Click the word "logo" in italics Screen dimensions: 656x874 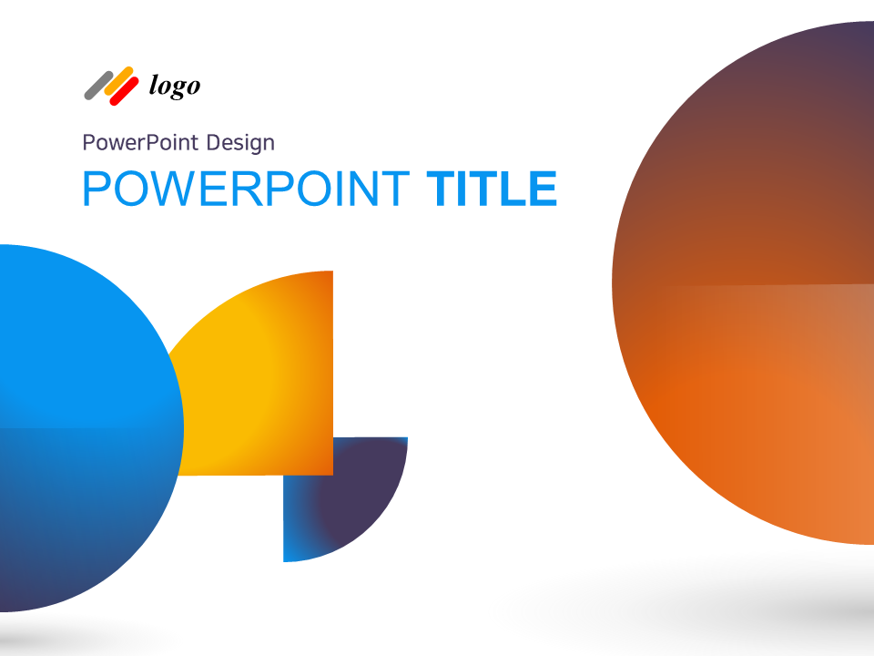tap(174, 87)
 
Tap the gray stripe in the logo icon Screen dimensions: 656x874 tap(97, 85)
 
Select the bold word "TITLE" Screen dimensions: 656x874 tap(492, 189)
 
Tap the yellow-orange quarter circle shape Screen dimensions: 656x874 tap(264, 374)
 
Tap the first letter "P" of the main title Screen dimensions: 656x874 tap(96, 189)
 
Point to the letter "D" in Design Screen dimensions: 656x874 tap(214, 143)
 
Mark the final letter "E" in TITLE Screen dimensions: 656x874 tap(542, 189)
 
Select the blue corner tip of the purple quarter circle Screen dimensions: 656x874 tap(291, 552)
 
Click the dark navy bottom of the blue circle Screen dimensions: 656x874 tap(36, 588)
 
